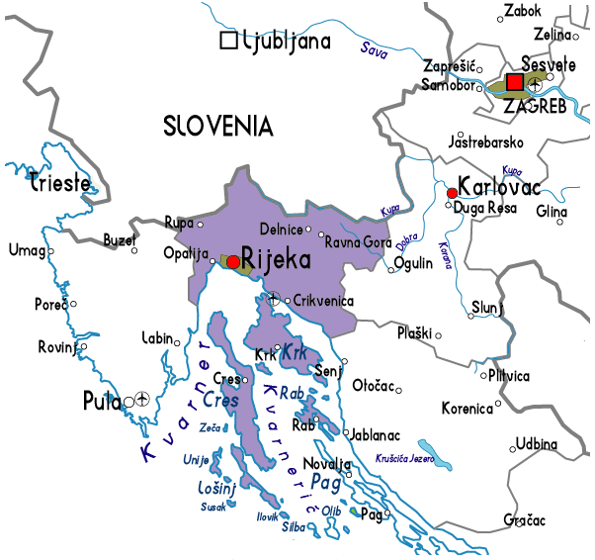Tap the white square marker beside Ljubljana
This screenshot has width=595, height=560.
(229, 41)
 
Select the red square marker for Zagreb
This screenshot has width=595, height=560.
(515, 82)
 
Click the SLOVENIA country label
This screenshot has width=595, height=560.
(217, 126)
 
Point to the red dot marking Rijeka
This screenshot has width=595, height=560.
(232, 261)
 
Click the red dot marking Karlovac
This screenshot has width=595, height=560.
(452, 192)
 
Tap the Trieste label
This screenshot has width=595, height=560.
(60, 183)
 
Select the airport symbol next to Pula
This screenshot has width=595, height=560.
(142, 400)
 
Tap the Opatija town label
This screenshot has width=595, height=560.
(185, 253)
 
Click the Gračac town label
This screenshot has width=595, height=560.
(524, 519)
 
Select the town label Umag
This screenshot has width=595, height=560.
(26, 250)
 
